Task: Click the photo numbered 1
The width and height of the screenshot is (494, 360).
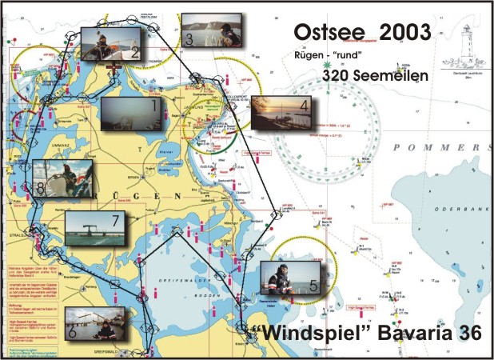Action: (132, 114)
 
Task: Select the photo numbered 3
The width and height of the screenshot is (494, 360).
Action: (212, 30)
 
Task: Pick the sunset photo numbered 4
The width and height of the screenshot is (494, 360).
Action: (281, 112)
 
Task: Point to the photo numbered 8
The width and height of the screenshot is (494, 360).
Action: (65, 182)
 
